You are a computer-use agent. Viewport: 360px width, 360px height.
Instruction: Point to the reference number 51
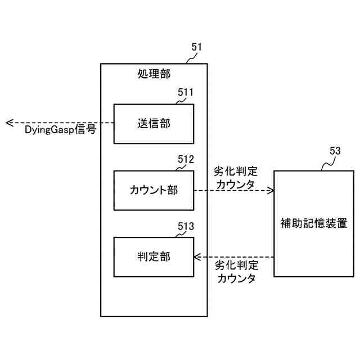coord(197,47)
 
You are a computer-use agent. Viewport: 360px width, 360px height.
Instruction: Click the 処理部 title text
coord(154,74)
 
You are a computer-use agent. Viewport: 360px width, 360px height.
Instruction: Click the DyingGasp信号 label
coord(60,130)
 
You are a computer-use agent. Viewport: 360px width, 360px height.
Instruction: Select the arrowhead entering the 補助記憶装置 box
coord(271,190)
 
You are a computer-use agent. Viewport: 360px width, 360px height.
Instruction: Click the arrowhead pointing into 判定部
coord(197,257)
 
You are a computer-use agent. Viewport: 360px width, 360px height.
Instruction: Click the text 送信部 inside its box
coord(154,124)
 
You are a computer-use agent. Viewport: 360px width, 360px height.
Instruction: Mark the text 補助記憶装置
coord(313,223)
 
